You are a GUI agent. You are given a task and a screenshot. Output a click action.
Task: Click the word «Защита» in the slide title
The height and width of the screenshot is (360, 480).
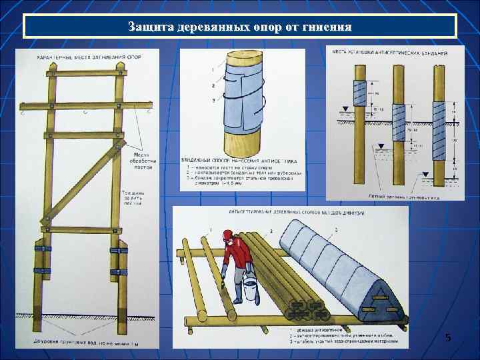[x=151, y=27]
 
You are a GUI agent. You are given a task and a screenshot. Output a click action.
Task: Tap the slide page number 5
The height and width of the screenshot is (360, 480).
[x=448, y=339]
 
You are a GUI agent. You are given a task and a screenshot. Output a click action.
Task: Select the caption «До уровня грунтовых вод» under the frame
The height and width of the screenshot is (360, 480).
[x=87, y=343]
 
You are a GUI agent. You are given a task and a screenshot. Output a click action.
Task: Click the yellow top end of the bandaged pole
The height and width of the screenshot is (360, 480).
[x=241, y=57]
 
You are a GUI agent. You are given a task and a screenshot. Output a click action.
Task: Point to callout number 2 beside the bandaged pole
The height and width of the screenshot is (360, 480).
[x=213, y=85]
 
